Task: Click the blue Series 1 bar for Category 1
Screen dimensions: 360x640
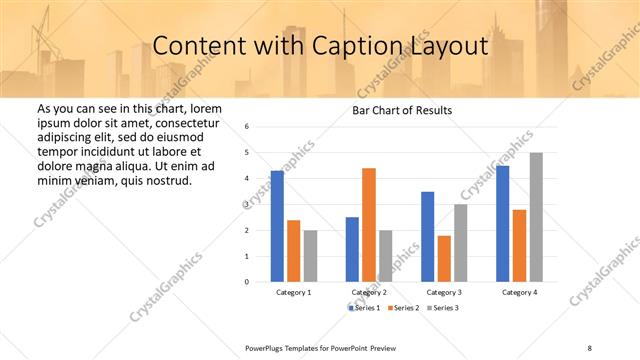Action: click(277, 226)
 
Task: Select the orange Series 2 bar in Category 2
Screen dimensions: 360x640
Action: click(368, 225)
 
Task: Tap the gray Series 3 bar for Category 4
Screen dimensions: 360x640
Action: click(535, 217)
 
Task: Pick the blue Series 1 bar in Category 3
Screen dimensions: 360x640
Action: click(427, 237)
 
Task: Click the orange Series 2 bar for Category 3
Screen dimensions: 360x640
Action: click(443, 259)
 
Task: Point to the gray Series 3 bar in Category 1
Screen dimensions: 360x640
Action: click(310, 256)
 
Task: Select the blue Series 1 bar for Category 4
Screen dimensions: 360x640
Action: click(502, 224)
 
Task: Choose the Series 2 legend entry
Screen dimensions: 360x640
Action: click(402, 307)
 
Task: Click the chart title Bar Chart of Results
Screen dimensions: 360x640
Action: click(402, 110)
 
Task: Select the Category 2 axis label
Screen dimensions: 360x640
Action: click(369, 292)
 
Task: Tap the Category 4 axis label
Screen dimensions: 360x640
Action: click(518, 292)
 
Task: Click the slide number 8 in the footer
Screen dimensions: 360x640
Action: click(590, 347)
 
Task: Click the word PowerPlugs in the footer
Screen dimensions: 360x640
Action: click(267, 347)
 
